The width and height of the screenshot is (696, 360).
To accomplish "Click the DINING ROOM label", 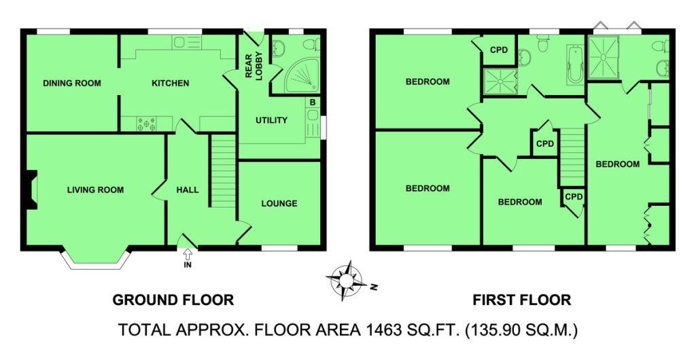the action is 72,83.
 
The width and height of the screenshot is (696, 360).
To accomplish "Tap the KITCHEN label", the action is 171,83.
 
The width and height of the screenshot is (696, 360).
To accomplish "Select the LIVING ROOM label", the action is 95,190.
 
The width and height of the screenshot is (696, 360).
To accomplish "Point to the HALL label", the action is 188,190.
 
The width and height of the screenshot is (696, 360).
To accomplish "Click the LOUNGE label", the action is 279,204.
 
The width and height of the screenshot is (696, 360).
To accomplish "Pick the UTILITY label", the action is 271,120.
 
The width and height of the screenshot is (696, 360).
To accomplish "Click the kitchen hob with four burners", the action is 147,124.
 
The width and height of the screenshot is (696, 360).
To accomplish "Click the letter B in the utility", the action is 313,103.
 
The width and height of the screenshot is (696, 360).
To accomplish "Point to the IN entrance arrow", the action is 188,258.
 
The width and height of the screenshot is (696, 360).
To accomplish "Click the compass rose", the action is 347,281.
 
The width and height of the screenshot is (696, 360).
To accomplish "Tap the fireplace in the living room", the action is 31,190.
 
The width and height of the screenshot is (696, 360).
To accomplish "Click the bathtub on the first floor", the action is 574,66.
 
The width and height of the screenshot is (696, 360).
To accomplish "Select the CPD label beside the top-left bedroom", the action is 498,50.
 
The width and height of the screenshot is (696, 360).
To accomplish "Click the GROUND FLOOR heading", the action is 173,300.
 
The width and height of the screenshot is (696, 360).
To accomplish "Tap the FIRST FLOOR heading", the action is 521,300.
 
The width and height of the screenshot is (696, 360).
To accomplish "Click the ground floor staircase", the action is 222,170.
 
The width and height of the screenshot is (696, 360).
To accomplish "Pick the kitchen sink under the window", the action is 187,42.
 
